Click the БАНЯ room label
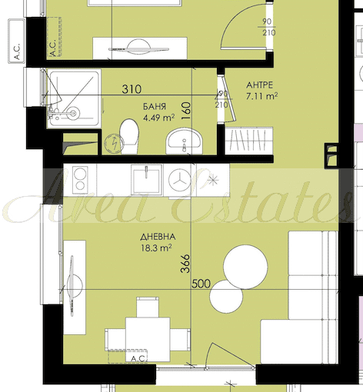tap(155, 107)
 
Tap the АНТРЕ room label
tap(259, 85)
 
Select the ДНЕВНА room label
tap(158, 237)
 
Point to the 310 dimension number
tap(132, 89)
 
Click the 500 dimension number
tap(201, 284)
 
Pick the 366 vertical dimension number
tap(185, 264)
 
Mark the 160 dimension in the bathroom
tap(186, 111)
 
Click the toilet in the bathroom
tap(129, 136)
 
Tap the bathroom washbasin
tap(184, 141)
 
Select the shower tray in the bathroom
tap(74, 98)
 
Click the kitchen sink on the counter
tap(147, 180)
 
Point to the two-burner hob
tap(80, 180)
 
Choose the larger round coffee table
tap(245, 267)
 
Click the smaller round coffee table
tap(226, 297)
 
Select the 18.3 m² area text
tap(156, 248)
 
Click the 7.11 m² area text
tap(261, 96)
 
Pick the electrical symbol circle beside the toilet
tap(115, 143)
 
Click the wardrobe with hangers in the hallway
tap(248, 141)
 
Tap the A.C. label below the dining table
tap(139, 358)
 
